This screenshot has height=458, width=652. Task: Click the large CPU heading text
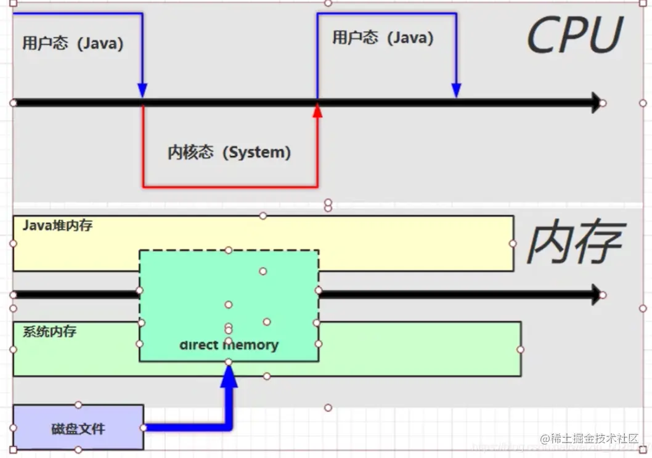574,36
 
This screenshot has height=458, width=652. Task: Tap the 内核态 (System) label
229,152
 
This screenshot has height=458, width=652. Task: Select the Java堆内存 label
57,225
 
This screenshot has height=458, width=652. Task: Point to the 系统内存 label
50,331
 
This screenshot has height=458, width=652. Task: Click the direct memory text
229,345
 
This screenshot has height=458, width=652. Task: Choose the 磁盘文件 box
78,428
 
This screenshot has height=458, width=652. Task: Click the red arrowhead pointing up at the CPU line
317,111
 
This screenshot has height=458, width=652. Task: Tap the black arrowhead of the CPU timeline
595,103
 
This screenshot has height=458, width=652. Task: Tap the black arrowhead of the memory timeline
595,294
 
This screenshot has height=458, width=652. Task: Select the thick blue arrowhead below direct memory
229,377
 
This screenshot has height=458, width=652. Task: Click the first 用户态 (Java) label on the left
73,44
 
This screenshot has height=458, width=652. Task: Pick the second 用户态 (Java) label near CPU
383,38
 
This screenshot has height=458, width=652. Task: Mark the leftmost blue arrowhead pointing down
142,90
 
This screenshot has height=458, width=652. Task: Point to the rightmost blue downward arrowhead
456,90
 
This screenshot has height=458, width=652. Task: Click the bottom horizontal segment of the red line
230,186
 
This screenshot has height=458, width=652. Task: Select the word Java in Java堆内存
36,225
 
